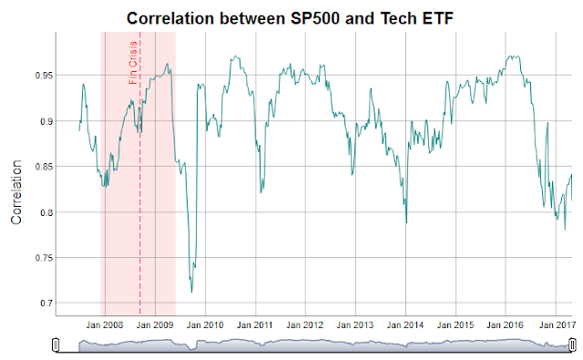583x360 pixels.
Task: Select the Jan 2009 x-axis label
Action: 154,324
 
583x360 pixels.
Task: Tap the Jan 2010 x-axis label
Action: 205,324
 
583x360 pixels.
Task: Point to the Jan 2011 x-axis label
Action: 256,324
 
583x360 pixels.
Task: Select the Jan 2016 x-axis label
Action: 505,324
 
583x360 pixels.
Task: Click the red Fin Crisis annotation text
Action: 134,63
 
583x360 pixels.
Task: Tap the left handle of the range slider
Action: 56,344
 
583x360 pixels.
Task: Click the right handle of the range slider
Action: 571,344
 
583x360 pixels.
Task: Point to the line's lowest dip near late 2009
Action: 191,292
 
